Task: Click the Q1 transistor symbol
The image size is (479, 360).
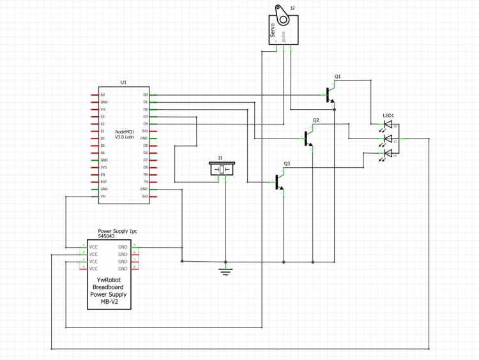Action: pos(330,94)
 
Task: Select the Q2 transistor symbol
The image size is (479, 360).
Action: pos(309,138)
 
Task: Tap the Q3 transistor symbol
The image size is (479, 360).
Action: pos(280,182)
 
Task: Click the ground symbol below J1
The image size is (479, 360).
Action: pos(225,270)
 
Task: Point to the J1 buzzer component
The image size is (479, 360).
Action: pos(222,169)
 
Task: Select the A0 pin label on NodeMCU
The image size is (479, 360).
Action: pos(103,95)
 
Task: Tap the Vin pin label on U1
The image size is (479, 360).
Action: pos(103,197)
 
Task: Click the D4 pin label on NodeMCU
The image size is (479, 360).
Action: pos(145,124)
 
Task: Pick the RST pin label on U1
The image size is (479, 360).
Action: pos(103,182)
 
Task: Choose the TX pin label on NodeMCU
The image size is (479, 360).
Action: pos(146,182)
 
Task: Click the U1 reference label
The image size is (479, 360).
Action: pos(123,82)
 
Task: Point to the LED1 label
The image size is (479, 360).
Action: pos(388,116)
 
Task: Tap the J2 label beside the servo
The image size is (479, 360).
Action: pos(293,8)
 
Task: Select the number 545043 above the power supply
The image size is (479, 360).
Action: pos(108,236)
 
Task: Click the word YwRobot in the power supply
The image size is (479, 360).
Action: pos(109,279)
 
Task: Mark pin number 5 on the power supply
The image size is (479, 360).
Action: pos(134,244)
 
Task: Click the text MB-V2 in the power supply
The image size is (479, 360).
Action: pos(109,302)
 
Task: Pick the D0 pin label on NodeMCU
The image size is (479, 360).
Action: pos(145,95)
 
